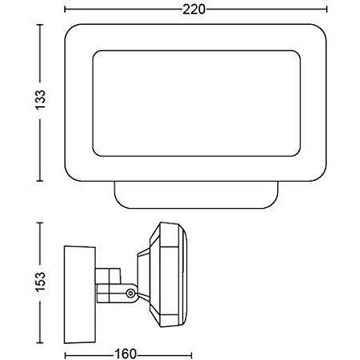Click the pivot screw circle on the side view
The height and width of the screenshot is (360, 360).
[x=129, y=295]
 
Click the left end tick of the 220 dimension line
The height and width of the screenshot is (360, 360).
[x=63, y=9]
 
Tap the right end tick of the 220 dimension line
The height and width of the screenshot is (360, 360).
[x=327, y=9]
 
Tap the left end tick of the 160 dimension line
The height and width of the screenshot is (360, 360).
[x=63, y=353]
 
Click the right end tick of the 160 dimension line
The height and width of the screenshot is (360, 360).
[x=191, y=353]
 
